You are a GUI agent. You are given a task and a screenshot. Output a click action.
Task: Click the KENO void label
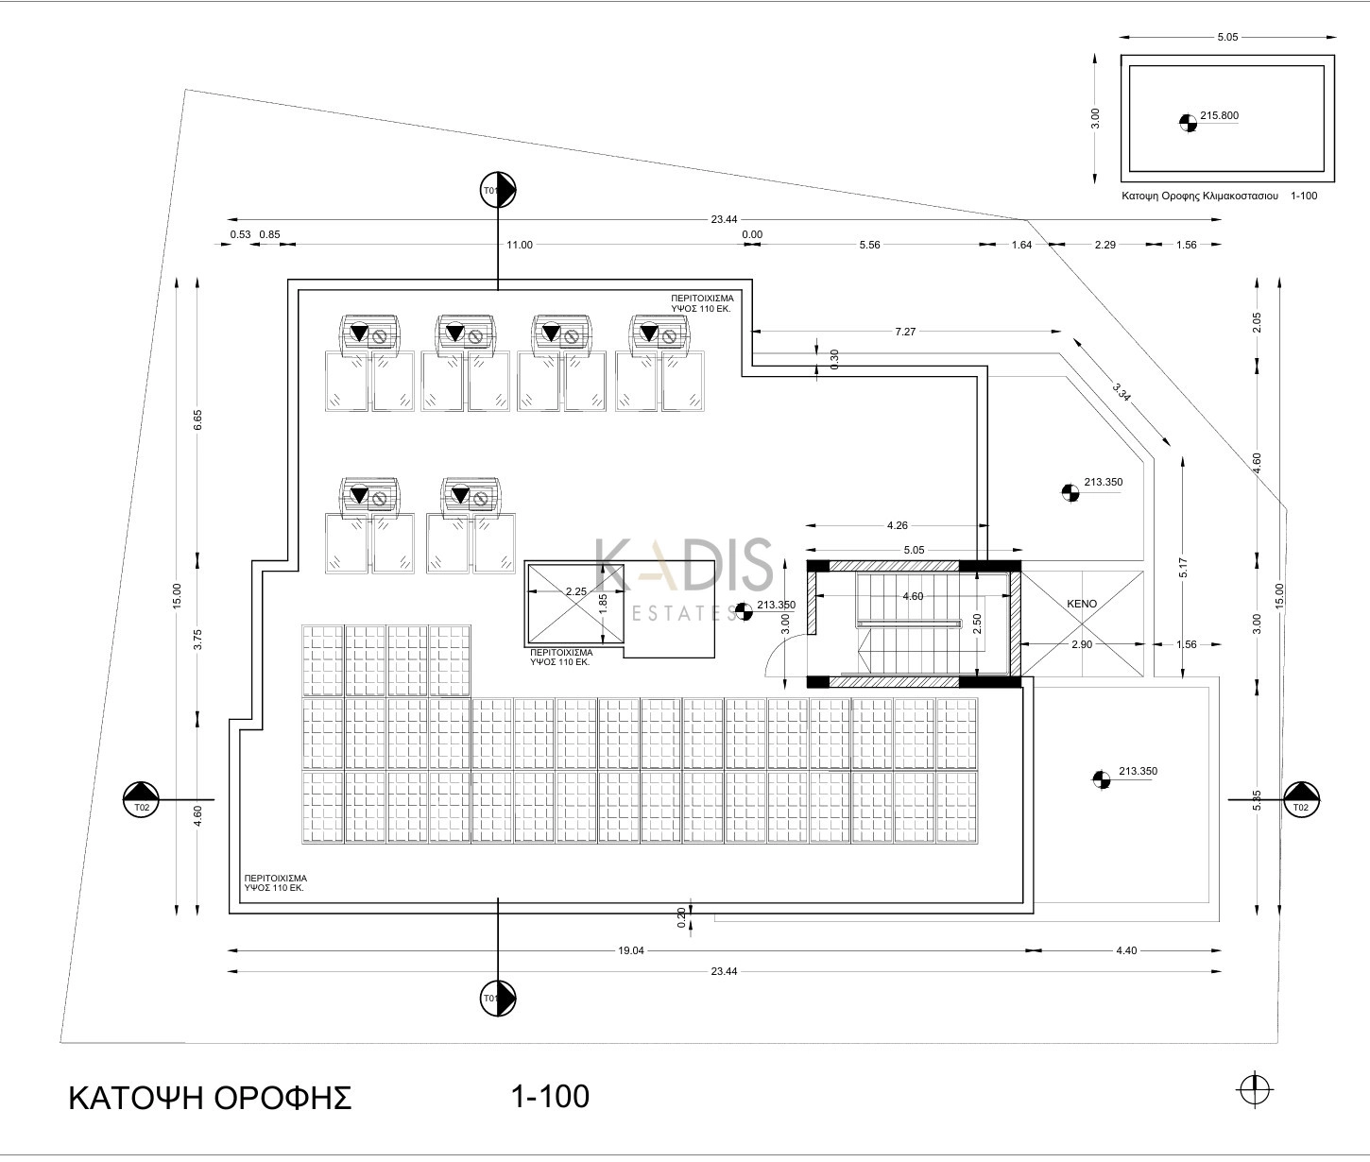click(1082, 603)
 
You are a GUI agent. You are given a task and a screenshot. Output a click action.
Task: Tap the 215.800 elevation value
click(1219, 116)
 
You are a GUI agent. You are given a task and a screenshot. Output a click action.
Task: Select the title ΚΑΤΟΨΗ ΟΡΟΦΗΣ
click(210, 1098)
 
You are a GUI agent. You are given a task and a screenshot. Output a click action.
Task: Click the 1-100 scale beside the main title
click(549, 1096)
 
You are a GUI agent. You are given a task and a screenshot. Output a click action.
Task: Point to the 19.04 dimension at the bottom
click(630, 950)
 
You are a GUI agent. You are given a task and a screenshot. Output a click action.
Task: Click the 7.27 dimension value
click(905, 332)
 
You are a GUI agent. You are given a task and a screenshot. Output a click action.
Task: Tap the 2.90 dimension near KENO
click(1081, 644)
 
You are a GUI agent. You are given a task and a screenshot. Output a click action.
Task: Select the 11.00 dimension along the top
click(519, 245)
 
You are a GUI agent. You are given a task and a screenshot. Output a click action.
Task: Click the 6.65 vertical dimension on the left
click(197, 420)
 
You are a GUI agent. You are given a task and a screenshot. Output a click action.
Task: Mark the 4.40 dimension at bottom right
click(1126, 950)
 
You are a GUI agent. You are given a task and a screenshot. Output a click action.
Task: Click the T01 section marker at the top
click(498, 190)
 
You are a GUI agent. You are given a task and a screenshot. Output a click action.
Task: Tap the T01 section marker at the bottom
click(498, 997)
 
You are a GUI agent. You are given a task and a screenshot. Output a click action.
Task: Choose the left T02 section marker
click(141, 799)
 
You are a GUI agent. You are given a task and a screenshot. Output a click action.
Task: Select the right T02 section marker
click(1301, 799)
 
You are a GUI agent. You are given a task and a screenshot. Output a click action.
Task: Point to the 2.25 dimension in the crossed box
click(575, 591)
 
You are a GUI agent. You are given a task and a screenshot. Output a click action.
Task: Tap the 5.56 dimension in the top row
click(869, 245)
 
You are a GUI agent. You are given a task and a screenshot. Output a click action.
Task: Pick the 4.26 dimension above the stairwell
click(897, 525)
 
